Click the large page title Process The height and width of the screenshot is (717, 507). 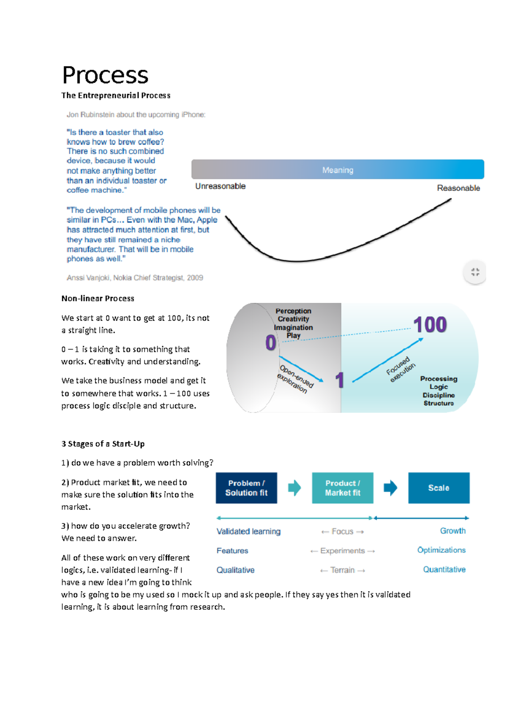(x=105, y=75)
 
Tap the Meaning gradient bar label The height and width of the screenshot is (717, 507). (x=338, y=170)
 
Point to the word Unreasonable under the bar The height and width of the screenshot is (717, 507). (x=220, y=186)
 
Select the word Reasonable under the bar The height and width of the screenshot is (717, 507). (x=458, y=188)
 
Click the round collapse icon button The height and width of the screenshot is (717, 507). (x=475, y=272)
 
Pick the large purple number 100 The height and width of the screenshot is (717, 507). (x=430, y=325)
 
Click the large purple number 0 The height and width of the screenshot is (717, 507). (x=271, y=342)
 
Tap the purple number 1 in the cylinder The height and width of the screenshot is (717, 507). (x=340, y=380)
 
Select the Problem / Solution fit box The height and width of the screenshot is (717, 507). (x=246, y=488)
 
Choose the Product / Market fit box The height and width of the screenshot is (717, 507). (x=343, y=488)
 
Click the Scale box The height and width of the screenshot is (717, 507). (x=439, y=488)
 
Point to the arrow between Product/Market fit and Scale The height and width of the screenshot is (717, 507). (x=390, y=488)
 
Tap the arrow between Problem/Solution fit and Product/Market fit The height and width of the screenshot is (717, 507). (x=294, y=488)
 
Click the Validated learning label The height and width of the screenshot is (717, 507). (x=248, y=531)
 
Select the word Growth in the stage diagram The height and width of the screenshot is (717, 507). (x=452, y=531)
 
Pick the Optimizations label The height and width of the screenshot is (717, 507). (x=441, y=550)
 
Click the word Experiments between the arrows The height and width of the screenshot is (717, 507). (x=342, y=551)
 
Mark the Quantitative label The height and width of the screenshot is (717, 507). (x=444, y=569)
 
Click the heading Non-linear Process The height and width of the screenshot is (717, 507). (x=98, y=299)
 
